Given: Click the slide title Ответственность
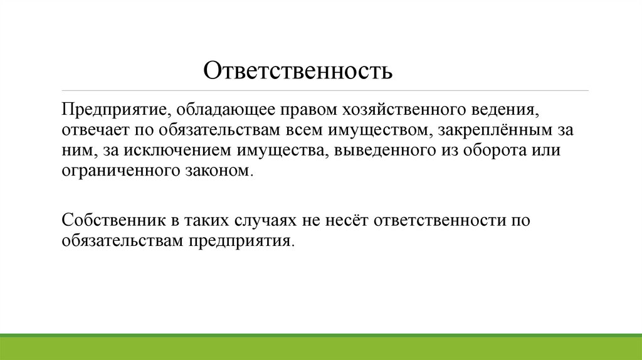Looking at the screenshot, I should point(297,70).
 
